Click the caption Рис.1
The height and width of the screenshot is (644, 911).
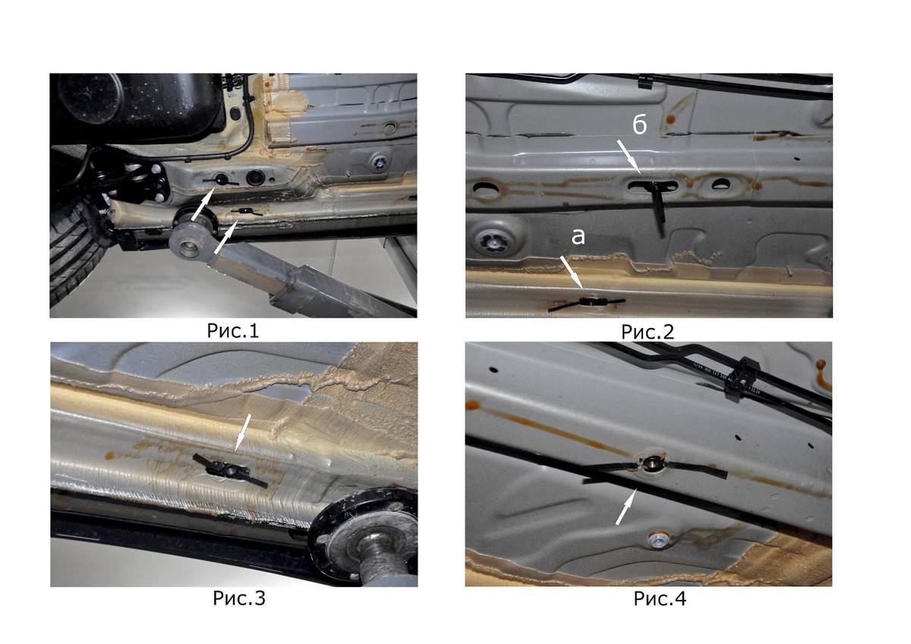(x=232, y=331)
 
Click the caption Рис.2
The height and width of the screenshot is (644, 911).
(x=648, y=332)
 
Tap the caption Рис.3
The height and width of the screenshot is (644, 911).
(x=238, y=598)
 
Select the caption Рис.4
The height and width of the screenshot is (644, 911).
(x=660, y=598)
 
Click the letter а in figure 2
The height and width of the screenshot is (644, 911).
(x=578, y=237)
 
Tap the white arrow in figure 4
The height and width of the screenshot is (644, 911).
(x=625, y=507)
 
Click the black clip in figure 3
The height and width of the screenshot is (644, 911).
(x=230, y=471)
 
